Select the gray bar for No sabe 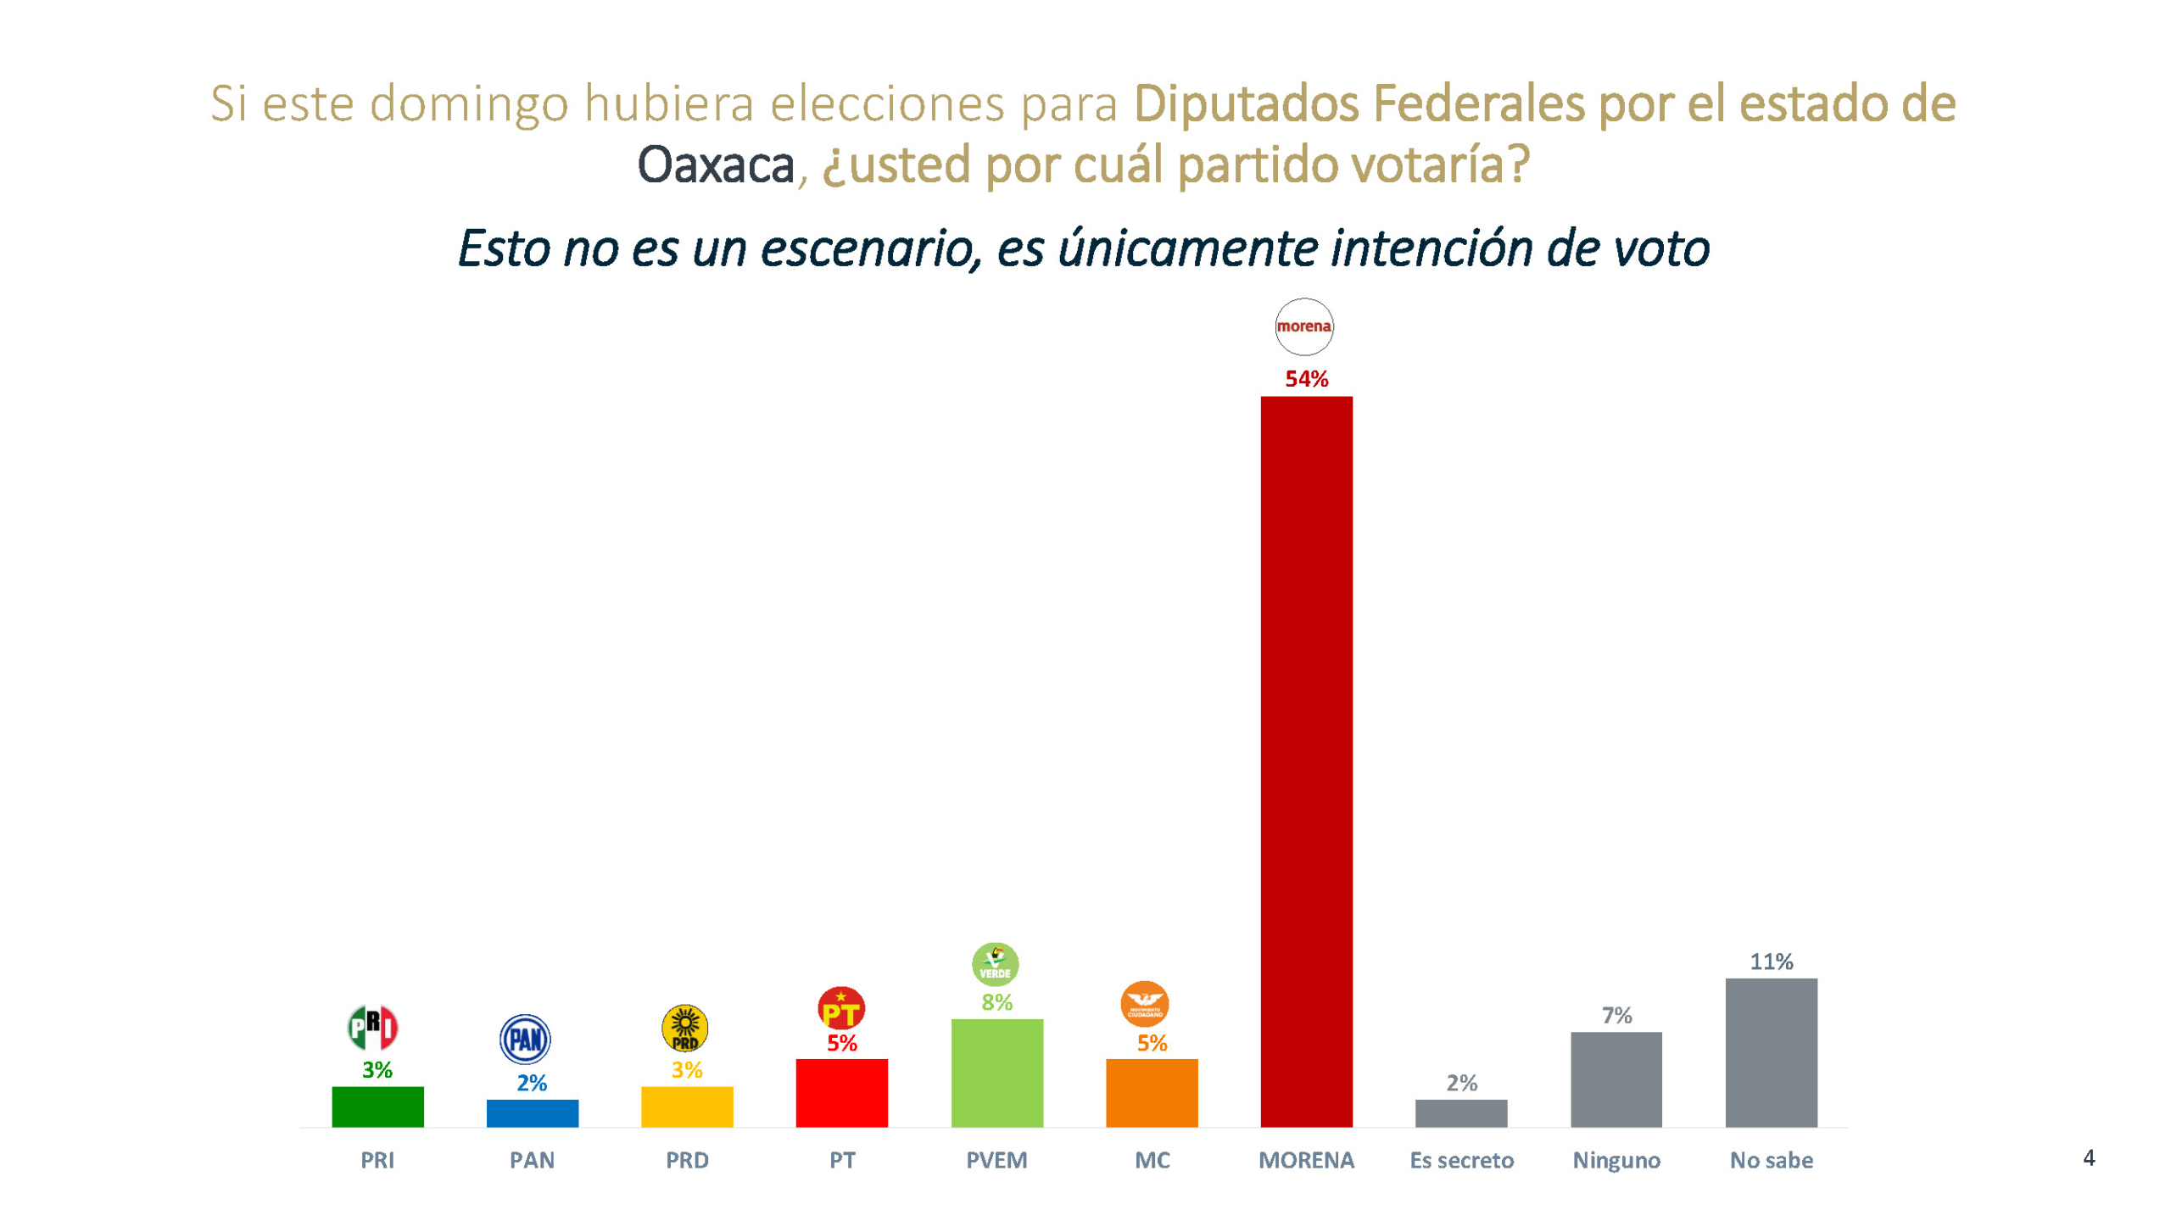tap(1771, 1052)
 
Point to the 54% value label tap(1306, 379)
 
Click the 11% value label tap(1771, 962)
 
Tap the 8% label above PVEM tap(996, 1002)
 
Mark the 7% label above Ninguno tap(1616, 1015)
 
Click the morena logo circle tap(1303, 326)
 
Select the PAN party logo tap(525, 1039)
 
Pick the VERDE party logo tap(995, 964)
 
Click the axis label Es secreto tap(1461, 1160)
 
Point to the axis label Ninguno tap(1616, 1160)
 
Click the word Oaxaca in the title tap(715, 164)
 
